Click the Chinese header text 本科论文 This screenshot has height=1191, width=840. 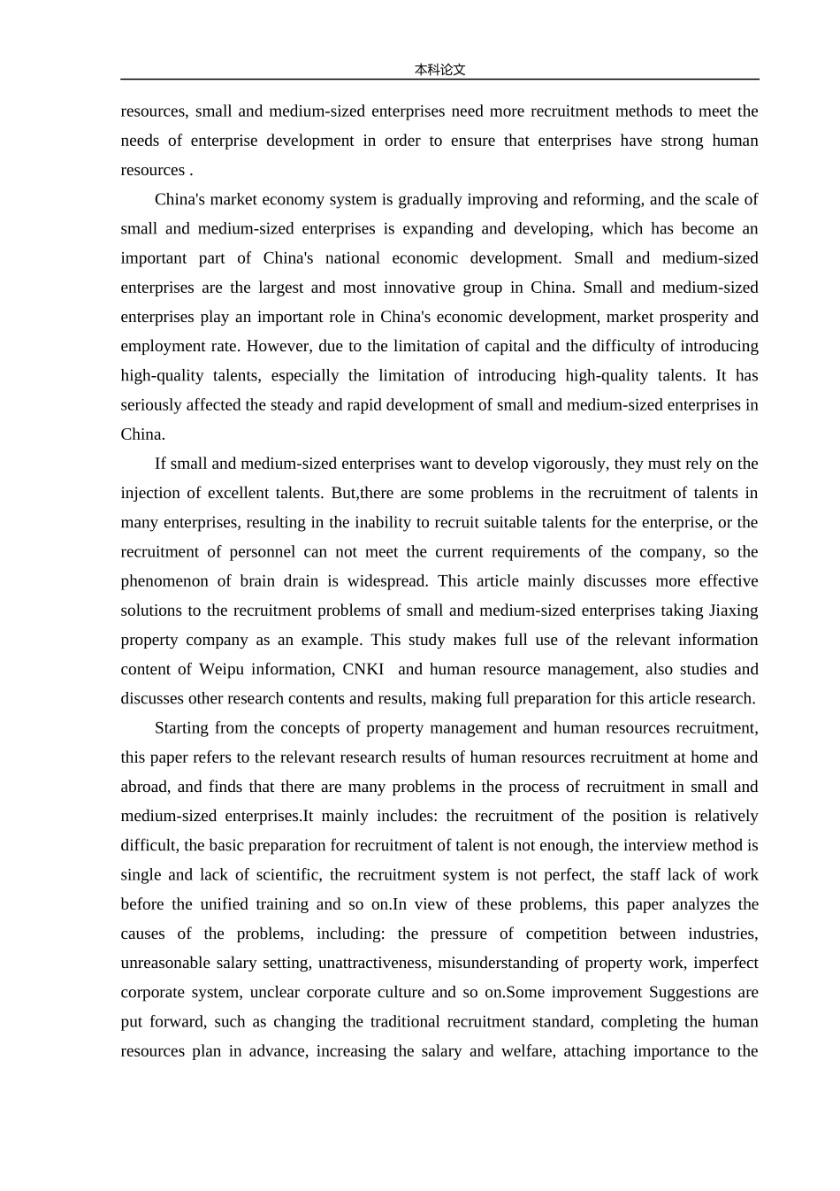coord(439,70)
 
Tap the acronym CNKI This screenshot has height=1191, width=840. coord(363,669)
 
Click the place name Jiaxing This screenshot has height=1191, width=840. coord(733,611)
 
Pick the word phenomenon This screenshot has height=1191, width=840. coord(164,581)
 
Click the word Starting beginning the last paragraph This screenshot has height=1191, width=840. coord(183,728)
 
